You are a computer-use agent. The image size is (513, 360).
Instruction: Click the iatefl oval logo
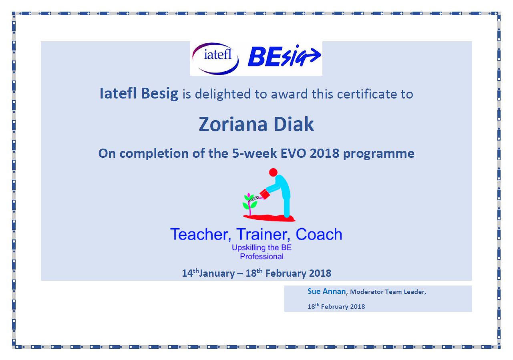[x=215, y=58]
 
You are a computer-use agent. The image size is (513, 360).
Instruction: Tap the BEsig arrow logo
[x=284, y=56]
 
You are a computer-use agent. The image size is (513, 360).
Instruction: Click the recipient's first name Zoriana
[x=233, y=124]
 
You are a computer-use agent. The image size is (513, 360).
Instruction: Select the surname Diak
[x=294, y=124]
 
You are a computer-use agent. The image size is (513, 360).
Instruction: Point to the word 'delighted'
[x=223, y=94]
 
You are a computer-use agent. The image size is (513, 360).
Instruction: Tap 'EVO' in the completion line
[x=293, y=153]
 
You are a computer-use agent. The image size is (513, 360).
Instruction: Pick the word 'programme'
[x=378, y=154]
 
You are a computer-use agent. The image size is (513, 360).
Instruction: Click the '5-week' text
[x=254, y=153]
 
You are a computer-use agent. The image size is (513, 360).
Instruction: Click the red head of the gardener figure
[x=273, y=172]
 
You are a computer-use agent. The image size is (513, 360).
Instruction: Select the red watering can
[x=265, y=194]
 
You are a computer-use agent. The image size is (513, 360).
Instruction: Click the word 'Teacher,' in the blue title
[x=200, y=235]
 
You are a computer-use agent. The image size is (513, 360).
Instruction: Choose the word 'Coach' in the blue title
[x=319, y=234]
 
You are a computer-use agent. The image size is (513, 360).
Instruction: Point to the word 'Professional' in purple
[x=262, y=257]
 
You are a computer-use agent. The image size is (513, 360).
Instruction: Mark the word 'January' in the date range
[x=217, y=274]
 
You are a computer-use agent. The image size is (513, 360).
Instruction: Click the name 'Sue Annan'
[x=326, y=291]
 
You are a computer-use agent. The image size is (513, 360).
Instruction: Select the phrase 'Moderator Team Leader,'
[x=388, y=292]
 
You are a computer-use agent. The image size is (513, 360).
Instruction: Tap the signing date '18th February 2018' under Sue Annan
[x=336, y=306]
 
